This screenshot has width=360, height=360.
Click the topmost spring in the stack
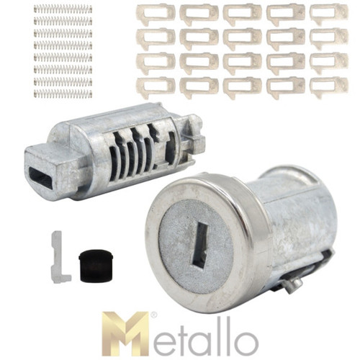point(63,9)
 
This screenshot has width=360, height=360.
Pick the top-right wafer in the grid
point(328,12)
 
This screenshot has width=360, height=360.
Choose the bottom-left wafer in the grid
point(156,87)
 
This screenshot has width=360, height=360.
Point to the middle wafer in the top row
point(242,13)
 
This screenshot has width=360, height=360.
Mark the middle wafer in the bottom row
point(242,86)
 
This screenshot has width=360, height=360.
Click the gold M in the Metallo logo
point(127,334)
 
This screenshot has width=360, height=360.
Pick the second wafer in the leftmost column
point(156,38)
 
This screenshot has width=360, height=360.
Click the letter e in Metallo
point(166,338)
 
